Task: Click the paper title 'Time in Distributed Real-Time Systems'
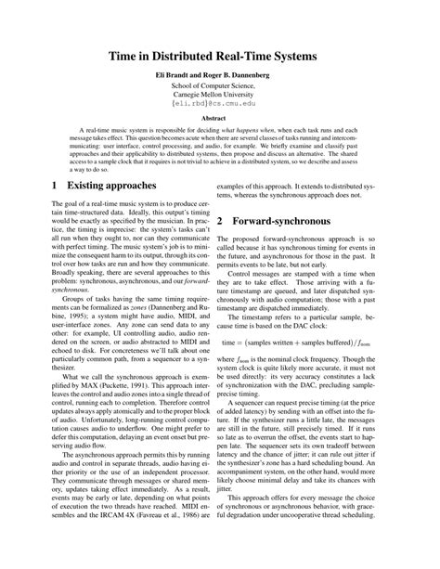[x=219, y=58]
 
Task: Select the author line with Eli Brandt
[x=219, y=79]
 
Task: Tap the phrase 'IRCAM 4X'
[x=103, y=537]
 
